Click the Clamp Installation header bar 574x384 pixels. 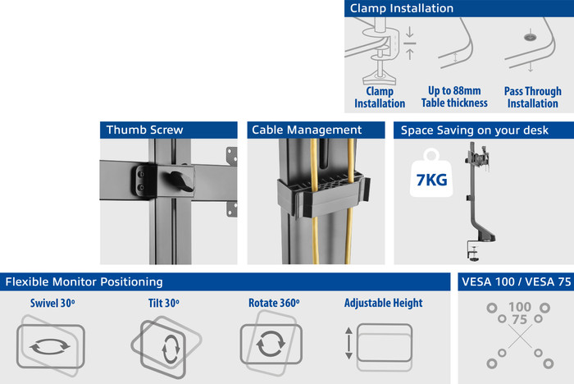pos(458,8)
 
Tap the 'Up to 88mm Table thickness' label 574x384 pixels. pos(454,97)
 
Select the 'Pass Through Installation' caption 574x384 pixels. pos(532,97)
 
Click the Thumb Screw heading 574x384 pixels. pos(145,130)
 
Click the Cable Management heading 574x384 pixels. pos(307,130)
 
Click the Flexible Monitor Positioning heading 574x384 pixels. pos(84,281)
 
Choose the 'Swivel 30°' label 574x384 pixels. pos(52,303)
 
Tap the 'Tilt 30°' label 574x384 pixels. pos(164,303)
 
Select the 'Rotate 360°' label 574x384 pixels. pos(274,303)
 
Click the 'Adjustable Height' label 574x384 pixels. pos(383,303)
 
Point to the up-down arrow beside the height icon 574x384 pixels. pos(348,343)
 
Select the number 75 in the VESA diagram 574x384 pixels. pos(517,318)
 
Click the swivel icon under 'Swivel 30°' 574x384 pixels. pos(50,345)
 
